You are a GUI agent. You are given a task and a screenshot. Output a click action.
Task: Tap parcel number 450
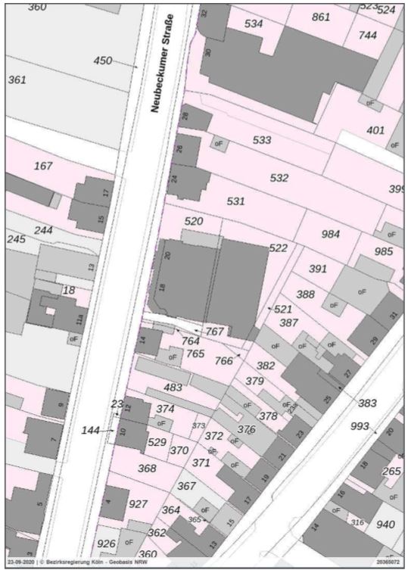point(103,61)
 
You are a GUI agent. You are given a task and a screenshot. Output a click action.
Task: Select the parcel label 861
point(321,17)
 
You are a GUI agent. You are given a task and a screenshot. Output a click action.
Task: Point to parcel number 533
point(262,140)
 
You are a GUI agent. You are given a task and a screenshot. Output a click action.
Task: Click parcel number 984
point(331,234)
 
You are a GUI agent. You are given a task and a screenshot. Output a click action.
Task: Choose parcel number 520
point(195,221)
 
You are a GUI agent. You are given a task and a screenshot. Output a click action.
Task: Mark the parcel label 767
point(215,332)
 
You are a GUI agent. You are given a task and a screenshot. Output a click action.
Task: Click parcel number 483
point(173,387)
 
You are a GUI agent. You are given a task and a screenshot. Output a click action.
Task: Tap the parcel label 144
point(91,429)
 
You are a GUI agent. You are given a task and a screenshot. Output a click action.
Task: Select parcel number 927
point(138,503)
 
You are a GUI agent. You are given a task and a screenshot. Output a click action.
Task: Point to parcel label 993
point(360,426)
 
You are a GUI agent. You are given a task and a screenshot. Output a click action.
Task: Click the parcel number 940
point(386,524)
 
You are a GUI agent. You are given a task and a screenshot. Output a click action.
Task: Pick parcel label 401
point(375,130)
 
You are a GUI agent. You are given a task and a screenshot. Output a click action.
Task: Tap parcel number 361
point(17,79)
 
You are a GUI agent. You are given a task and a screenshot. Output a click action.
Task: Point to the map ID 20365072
point(388,563)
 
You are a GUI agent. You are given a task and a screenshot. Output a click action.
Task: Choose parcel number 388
point(305,294)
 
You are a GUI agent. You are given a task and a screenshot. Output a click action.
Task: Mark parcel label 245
point(17,239)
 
